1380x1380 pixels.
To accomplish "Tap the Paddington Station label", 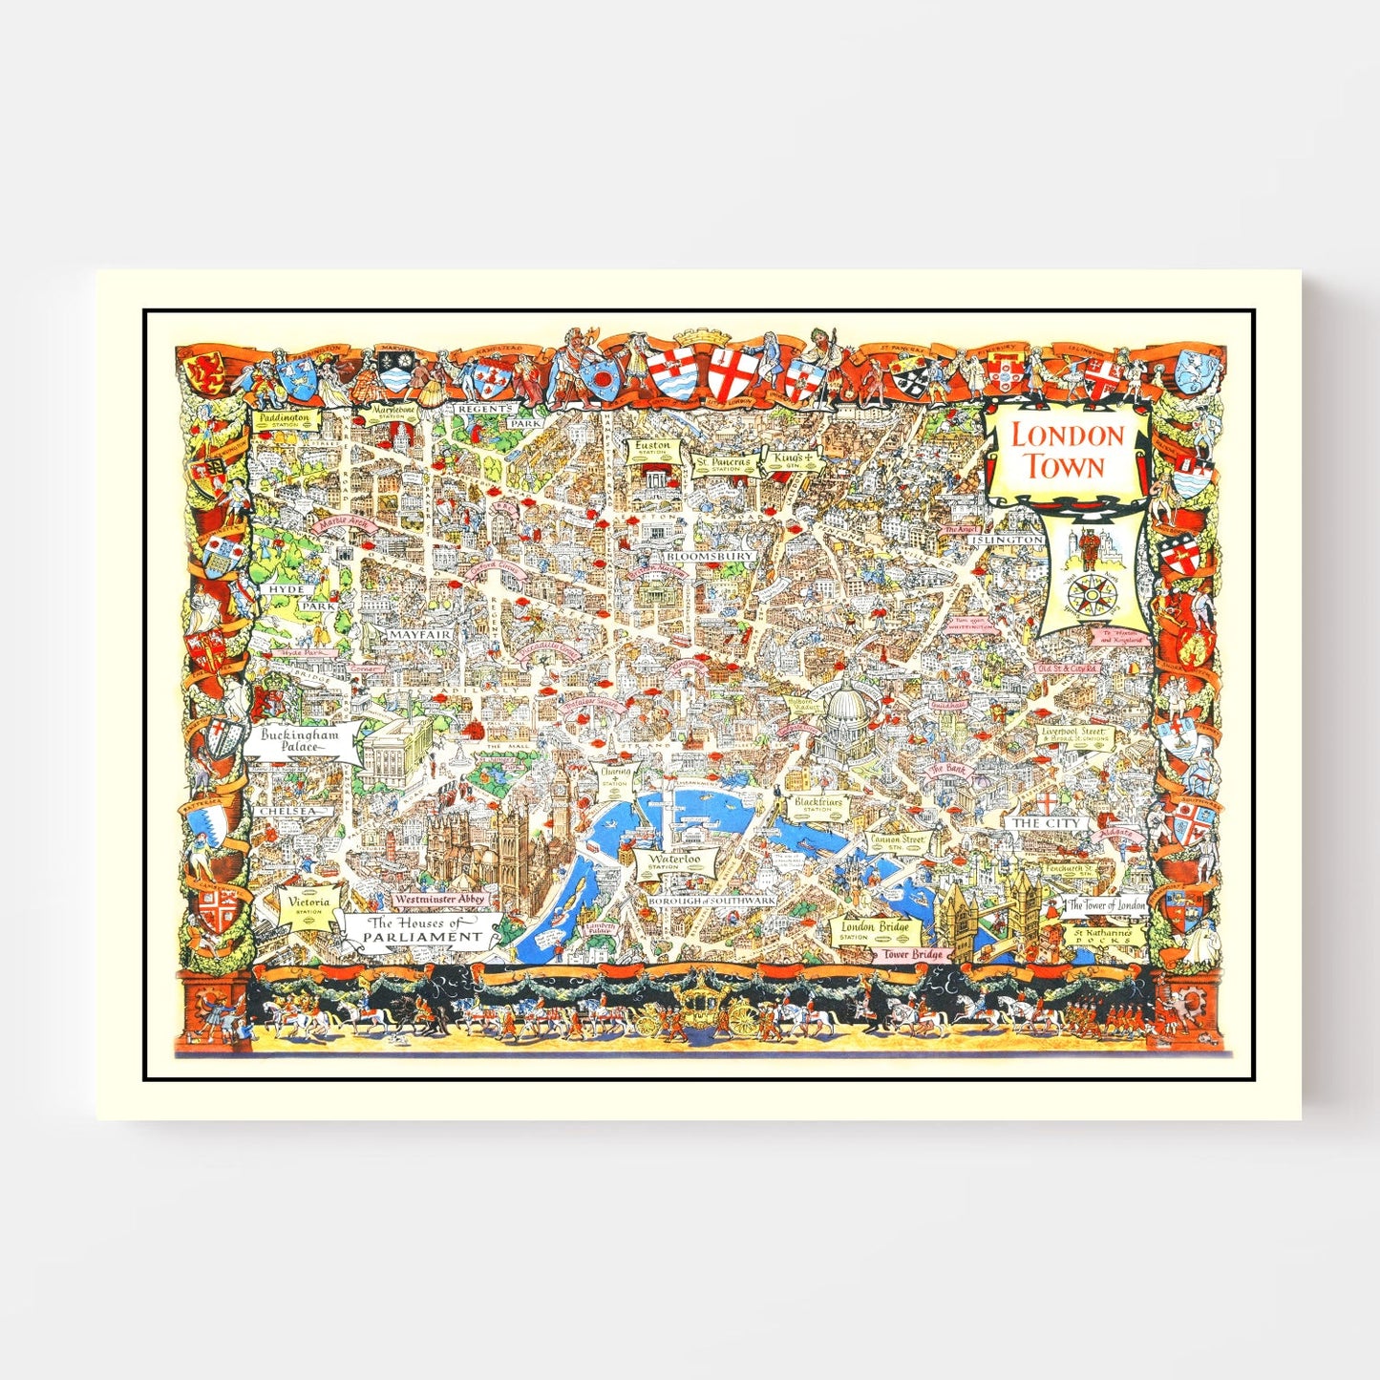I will coord(284,421).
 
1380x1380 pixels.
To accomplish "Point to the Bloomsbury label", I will coord(709,555).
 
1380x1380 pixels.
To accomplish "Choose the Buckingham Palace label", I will coord(300,741).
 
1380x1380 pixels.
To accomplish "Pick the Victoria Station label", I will coord(308,904).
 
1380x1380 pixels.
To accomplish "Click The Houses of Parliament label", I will coord(424,930).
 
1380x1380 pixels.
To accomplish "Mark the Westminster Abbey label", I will coord(442,899).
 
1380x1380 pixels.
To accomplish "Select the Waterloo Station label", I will coord(675,860).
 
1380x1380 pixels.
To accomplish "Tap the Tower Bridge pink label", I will coord(911,953).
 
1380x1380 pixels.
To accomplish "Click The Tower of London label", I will coord(1106,904).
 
